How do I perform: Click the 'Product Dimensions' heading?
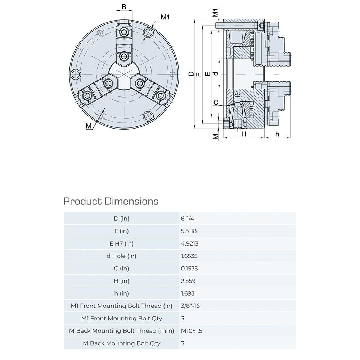pos(111,201)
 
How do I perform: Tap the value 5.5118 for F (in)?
pos(189,231)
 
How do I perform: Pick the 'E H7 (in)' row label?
pos(121,243)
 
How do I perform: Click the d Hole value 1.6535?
pos(189,256)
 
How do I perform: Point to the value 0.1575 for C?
pos(189,269)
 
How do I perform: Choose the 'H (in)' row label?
pos(121,281)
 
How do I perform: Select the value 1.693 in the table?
pos(188,293)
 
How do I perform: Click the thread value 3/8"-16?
pos(191,306)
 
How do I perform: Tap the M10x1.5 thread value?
pos(191,331)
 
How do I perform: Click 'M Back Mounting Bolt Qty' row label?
pos(121,343)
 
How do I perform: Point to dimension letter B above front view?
pos(124,7)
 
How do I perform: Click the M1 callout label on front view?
pos(165,17)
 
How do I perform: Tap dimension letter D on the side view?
pos(191,74)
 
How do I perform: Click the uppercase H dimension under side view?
pos(243,134)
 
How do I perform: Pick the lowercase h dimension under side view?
pos(277,134)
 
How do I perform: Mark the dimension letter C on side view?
pos(216,103)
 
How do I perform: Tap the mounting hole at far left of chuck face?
pos(76,75)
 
